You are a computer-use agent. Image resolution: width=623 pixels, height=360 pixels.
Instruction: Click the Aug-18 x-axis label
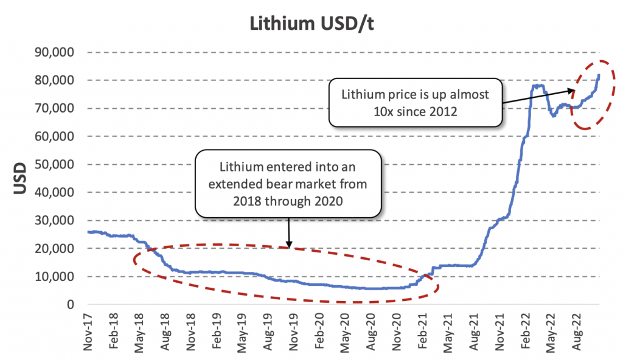(x=165, y=331)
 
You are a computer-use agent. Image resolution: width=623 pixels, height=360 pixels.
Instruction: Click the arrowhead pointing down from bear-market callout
(x=288, y=244)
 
